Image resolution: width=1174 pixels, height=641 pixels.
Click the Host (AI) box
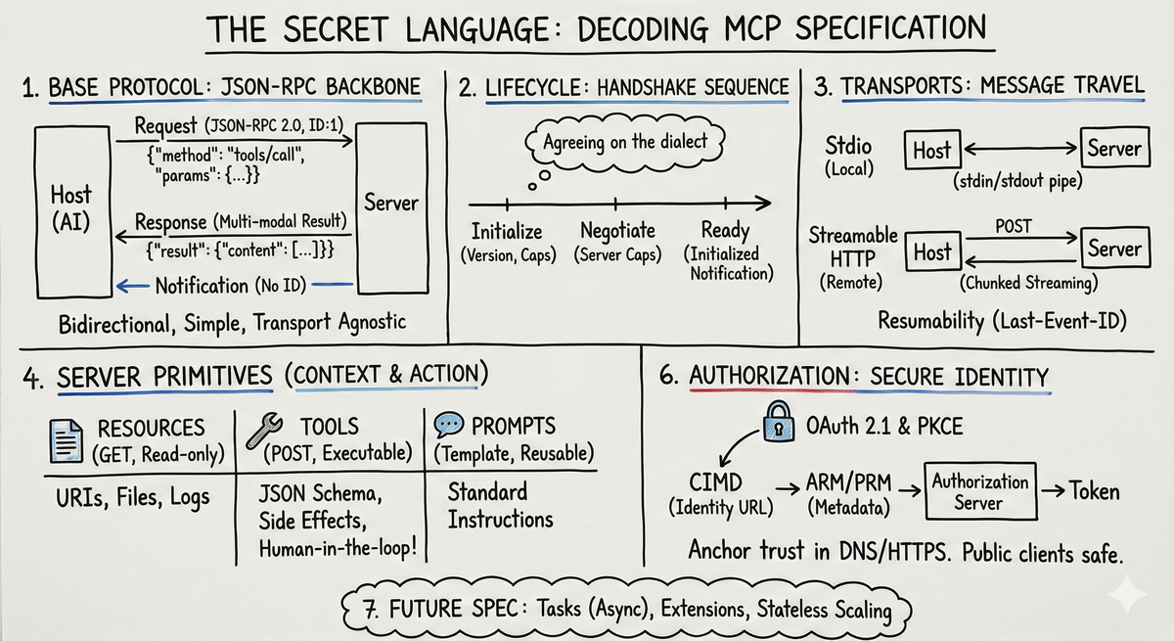pos(71,207)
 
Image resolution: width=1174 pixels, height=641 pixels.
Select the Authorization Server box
pos(979,492)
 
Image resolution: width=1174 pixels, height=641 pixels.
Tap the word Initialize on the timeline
pos(507,232)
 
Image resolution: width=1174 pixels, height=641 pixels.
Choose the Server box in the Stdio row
pos(1114,149)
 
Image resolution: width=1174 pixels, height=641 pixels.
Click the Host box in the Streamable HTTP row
pos(931,252)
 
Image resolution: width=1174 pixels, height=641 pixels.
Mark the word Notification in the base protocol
pos(203,285)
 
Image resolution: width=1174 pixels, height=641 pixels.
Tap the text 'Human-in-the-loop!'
pos(338,547)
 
